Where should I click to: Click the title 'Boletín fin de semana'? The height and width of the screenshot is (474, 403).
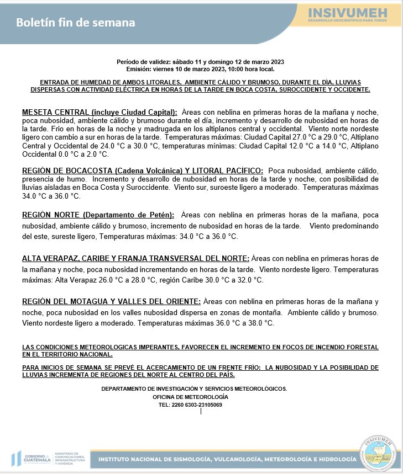[x=75, y=23]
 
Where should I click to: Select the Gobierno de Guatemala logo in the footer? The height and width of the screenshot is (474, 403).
[x=31, y=459]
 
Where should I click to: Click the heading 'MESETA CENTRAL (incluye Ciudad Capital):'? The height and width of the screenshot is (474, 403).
[x=100, y=112]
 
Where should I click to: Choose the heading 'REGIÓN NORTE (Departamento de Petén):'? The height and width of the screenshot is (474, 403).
[x=98, y=215]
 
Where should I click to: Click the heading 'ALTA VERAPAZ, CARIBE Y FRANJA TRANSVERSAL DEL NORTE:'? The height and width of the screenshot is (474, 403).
[x=135, y=258]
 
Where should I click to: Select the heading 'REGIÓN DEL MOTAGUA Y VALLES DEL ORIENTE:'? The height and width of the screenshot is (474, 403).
[x=111, y=301]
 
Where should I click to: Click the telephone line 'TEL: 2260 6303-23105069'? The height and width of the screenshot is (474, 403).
[x=190, y=405]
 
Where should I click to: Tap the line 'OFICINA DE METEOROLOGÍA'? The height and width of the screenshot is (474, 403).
[x=190, y=397]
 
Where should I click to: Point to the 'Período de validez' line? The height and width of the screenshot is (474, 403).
[x=200, y=62]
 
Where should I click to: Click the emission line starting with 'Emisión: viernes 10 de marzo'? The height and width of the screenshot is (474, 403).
[x=200, y=69]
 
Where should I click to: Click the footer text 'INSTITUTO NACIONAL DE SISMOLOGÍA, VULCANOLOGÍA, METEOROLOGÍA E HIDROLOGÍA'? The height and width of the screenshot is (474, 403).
[x=227, y=459]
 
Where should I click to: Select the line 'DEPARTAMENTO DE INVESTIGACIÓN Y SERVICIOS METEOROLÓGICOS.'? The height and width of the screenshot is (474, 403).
[x=194, y=388]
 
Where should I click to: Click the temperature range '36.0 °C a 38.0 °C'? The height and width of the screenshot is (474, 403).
[x=247, y=323]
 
